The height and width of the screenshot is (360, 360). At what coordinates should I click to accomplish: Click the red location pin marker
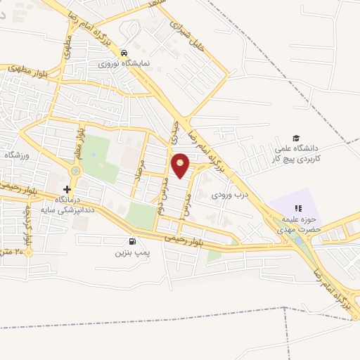tap(181, 166)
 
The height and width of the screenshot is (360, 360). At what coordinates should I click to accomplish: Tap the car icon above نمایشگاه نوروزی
tap(124, 53)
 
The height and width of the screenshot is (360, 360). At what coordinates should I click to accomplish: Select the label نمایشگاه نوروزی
tap(120, 63)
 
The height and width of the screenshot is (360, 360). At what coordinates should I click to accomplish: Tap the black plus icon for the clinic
tap(67, 189)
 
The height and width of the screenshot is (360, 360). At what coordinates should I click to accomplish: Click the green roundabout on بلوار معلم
tap(75, 170)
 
